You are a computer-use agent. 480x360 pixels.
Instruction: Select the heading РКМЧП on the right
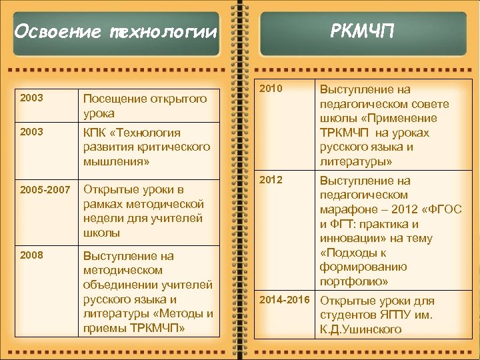coord(363,30)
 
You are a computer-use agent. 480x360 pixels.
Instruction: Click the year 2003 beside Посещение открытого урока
coord(32,98)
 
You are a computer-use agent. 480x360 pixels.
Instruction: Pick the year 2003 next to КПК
coord(32,131)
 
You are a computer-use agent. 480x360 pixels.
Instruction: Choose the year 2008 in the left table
coord(32,255)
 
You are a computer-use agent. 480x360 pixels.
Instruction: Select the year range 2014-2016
coord(285,300)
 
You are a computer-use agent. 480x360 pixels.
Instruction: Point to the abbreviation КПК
coord(95,132)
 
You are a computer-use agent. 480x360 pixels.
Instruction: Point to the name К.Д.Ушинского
coord(361,329)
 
